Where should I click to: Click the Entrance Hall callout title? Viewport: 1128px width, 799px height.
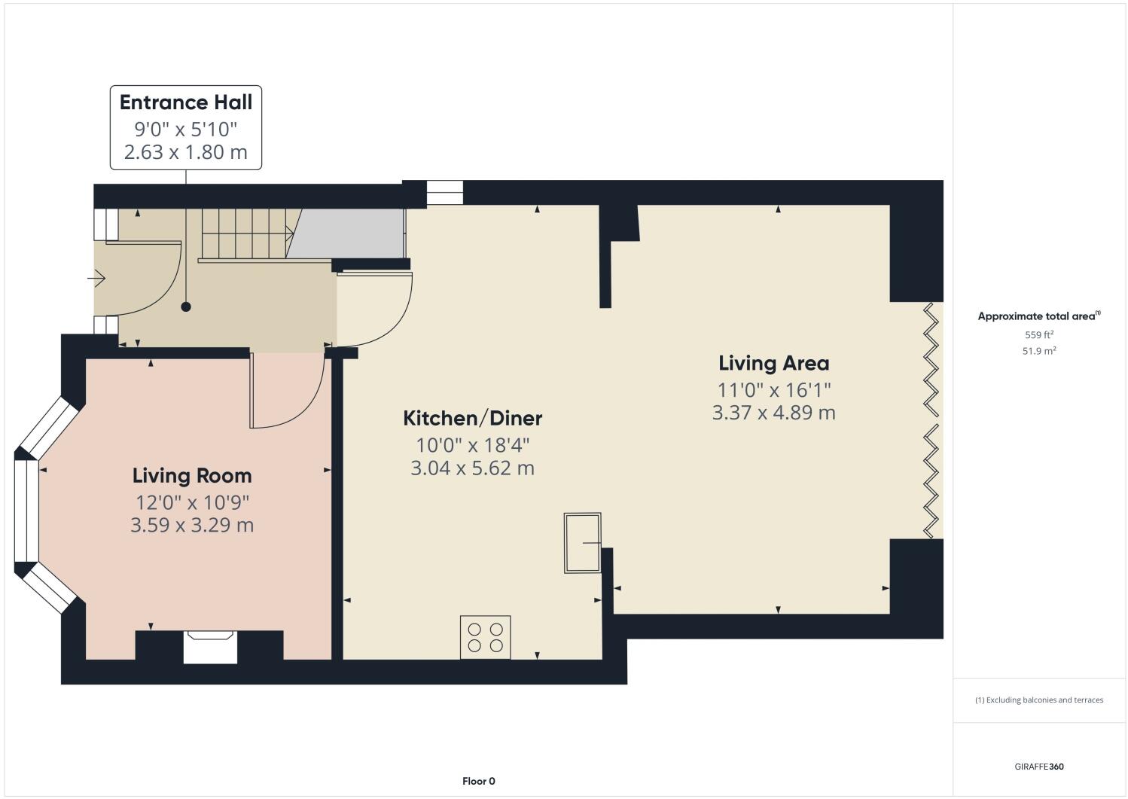[x=186, y=102]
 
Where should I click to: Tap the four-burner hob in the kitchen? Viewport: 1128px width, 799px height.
[x=485, y=637]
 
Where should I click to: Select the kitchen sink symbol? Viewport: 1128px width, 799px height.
[x=583, y=543]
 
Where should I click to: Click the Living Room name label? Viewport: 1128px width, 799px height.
[x=192, y=476]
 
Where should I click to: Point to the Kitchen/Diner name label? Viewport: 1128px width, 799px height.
[x=472, y=418]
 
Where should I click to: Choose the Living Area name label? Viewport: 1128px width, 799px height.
[x=773, y=363]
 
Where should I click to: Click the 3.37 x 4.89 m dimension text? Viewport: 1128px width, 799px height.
[x=773, y=413]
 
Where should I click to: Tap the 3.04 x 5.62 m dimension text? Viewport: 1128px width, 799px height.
[x=472, y=468]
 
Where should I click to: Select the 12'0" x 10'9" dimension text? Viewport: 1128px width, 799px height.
[x=192, y=502]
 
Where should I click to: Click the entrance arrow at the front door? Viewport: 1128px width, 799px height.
[x=96, y=279]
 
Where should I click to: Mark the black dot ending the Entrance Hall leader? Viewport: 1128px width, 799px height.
[x=186, y=306]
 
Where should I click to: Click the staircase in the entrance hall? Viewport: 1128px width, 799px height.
[x=245, y=233]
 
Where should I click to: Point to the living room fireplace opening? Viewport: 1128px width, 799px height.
[x=210, y=648]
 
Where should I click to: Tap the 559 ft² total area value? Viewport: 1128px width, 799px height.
[x=1038, y=335]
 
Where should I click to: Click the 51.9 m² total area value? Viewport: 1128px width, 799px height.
[x=1038, y=351]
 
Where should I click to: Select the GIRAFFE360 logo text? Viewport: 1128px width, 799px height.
[x=1039, y=767]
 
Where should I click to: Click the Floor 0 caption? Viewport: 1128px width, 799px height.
[x=478, y=781]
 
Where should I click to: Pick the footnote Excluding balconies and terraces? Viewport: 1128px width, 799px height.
[x=1039, y=700]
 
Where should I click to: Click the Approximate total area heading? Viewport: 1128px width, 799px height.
[x=1038, y=316]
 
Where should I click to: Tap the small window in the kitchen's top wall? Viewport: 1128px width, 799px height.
[x=444, y=193]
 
